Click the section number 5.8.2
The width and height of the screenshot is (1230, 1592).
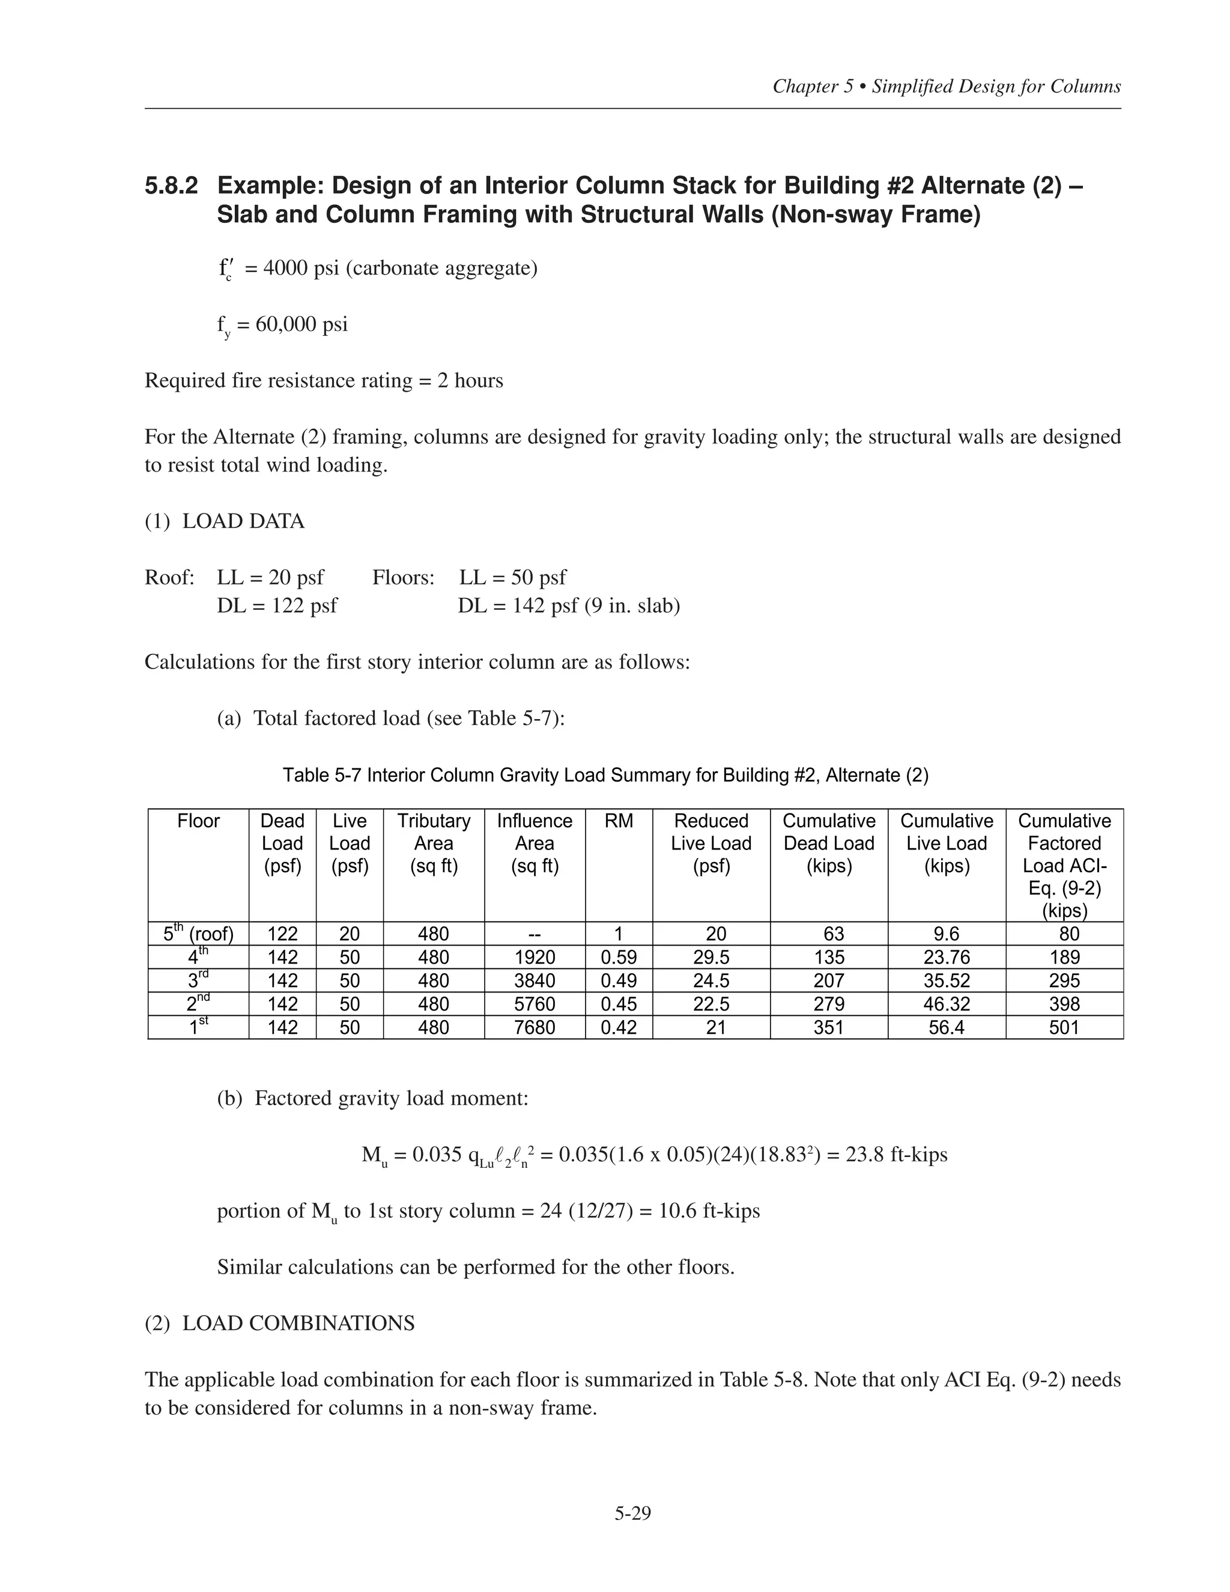(x=171, y=186)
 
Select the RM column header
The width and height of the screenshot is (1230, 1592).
(x=619, y=821)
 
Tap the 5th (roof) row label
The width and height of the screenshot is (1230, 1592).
(x=198, y=934)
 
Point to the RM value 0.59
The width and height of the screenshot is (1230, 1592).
(x=619, y=957)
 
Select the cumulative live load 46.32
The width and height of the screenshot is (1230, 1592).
(x=946, y=1004)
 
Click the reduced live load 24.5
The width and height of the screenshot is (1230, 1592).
(x=710, y=980)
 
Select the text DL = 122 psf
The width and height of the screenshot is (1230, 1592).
(x=277, y=606)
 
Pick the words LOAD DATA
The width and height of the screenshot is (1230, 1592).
(x=243, y=521)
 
